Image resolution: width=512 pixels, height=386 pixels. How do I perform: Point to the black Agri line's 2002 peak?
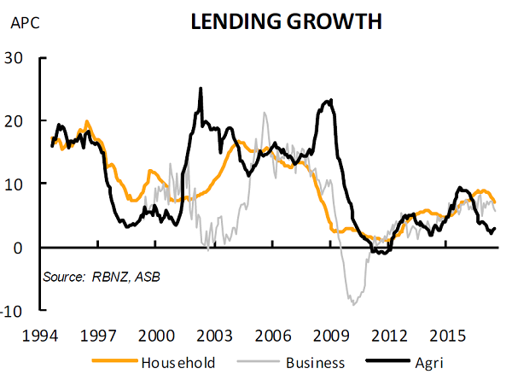(x=201, y=88)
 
